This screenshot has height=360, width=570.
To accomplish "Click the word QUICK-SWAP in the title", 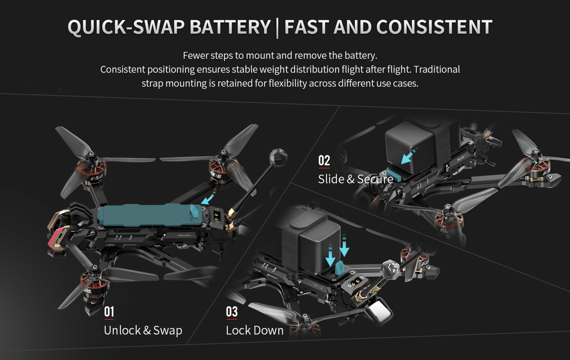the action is point(126,27).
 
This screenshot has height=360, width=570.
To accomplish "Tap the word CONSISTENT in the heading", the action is point(434,27).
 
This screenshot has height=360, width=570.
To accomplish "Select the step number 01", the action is point(109,312).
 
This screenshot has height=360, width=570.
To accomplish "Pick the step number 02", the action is point(324,161).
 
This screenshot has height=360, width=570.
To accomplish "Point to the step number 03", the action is point(232,312).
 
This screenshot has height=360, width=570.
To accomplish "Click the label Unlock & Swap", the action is point(143,330).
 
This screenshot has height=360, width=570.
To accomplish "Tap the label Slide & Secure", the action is point(356,179).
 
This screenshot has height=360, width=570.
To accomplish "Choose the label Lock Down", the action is point(254,330).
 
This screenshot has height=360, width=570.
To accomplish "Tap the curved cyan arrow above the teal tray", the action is point(208,196).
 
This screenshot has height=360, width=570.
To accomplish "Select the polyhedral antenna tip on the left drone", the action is point(278,157).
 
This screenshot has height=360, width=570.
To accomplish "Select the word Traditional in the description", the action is point(437,69).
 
